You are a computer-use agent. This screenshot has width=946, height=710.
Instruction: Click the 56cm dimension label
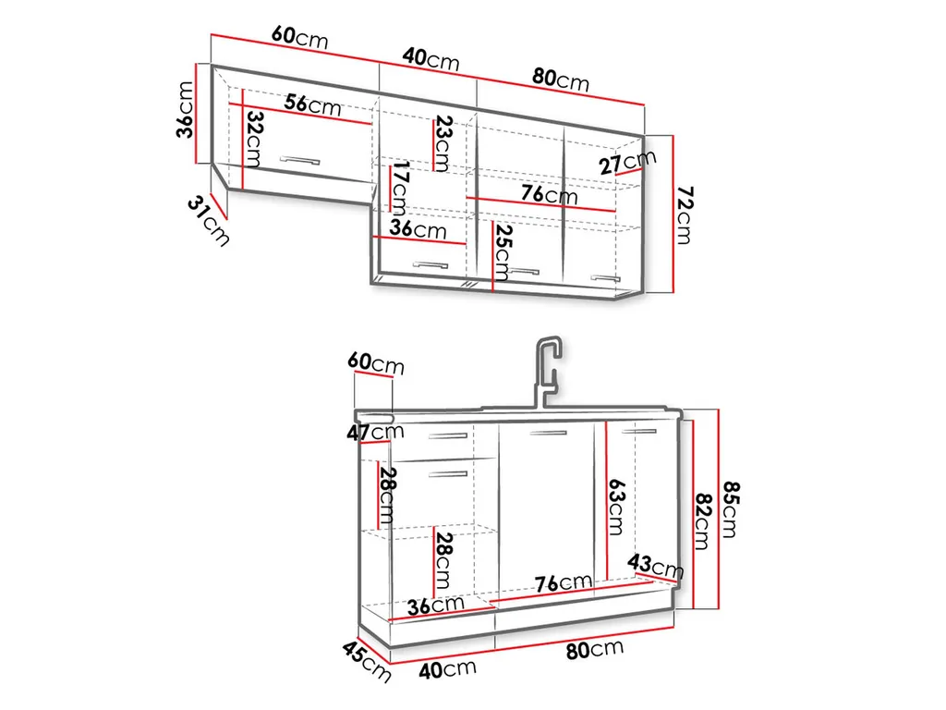312,105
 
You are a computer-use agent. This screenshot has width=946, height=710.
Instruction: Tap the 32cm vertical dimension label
255,140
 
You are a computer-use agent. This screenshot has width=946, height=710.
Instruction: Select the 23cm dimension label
443,143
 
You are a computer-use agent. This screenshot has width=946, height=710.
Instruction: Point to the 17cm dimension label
399,188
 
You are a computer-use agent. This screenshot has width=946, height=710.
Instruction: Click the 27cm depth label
627,162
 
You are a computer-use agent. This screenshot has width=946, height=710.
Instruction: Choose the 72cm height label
685,214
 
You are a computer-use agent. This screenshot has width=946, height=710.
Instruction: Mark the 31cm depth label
209,220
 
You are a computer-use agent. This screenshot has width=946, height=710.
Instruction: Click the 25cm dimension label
503,252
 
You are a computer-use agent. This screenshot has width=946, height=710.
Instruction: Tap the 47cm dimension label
375,432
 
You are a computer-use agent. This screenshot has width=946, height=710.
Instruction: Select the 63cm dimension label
616,508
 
